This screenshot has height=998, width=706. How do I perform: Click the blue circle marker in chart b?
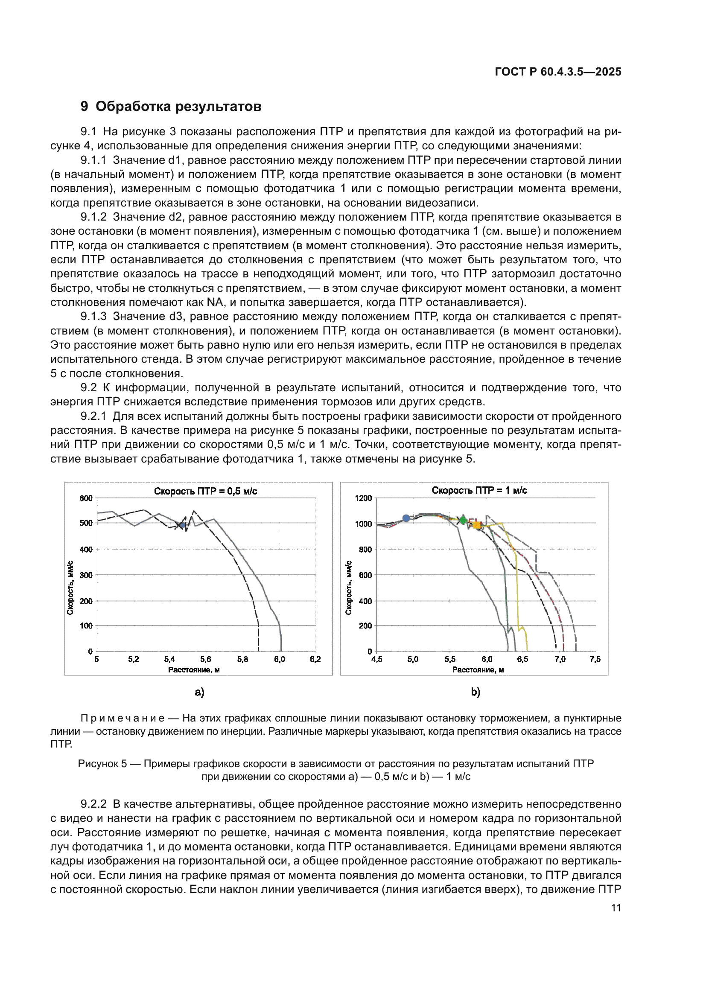pyautogui.click(x=406, y=518)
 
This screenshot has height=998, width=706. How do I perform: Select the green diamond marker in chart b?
pyautogui.click(x=463, y=519)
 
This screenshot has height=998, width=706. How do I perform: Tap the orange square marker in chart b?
pyautogui.click(x=477, y=526)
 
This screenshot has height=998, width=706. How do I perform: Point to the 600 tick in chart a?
pyautogui.click(x=86, y=498)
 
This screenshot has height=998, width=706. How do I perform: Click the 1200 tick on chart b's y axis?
pyautogui.click(x=363, y=498)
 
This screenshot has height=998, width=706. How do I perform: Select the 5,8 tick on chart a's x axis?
pyautogui.click(x=242, y=659)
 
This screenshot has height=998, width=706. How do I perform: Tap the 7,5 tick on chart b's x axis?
pyautogui.click(x=595, y=659)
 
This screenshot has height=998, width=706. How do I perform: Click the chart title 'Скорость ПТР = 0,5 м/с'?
pyautogui.click(x=205, y=491)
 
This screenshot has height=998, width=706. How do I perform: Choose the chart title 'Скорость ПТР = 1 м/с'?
pyautogui.click(x=479, y=490)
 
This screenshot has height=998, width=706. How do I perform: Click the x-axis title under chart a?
pyautogui.click(x=194, y=670)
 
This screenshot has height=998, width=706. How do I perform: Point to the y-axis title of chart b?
pyautogui.click(x=348, y=588)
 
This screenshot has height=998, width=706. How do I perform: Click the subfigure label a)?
pyautogui.click(x=199, y=692)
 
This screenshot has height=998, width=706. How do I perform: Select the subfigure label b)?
pyautogui.click(x=476, y=692)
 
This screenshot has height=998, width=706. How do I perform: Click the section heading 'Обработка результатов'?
pyautogui.click(x=178, y=107)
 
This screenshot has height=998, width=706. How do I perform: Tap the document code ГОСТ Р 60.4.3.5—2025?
pyautogui.click(x=558, y=72)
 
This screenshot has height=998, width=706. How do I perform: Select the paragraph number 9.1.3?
pyautogui.click(x=93, y=317)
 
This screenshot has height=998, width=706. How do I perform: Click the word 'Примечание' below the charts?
pyautogui.click(x=123, y=719)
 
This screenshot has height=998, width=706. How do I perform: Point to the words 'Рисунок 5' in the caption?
pyautogui.click(x=102, y=764)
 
